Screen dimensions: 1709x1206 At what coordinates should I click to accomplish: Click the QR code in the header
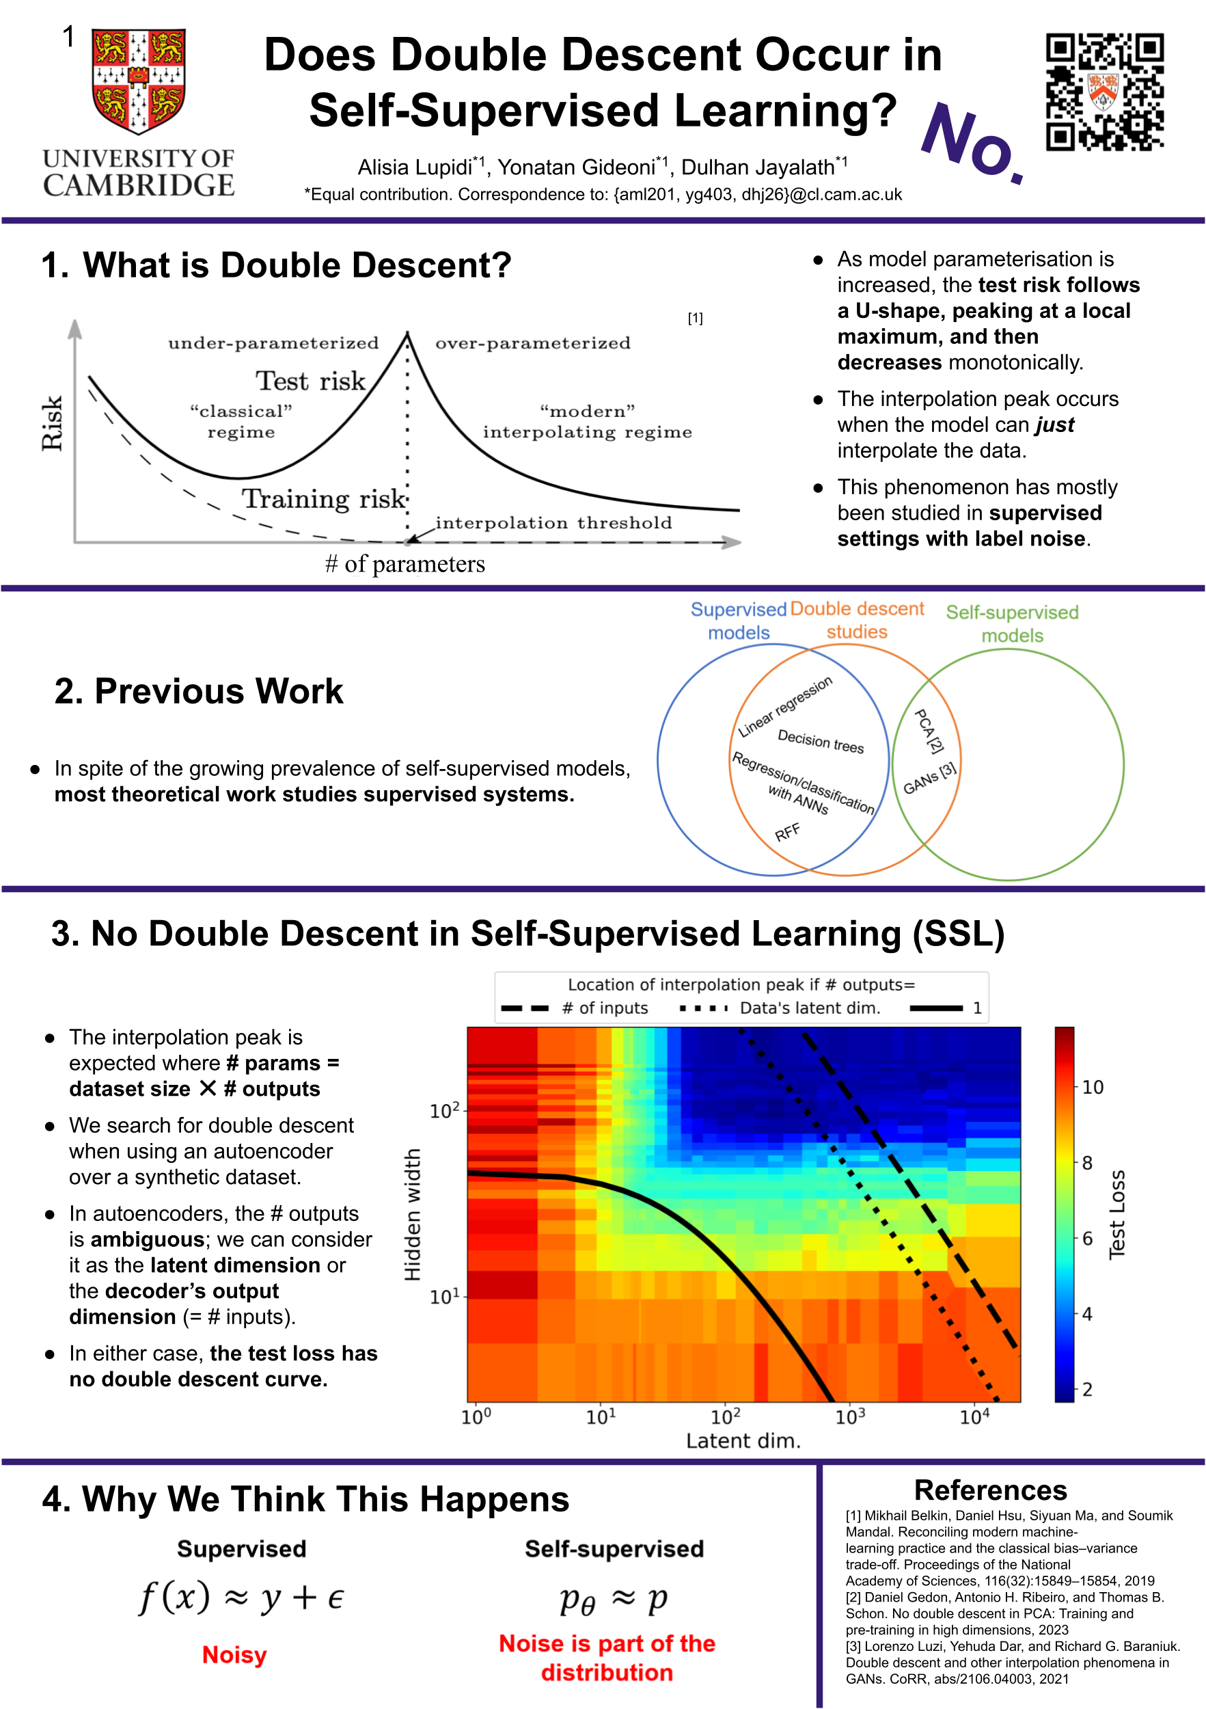1104,92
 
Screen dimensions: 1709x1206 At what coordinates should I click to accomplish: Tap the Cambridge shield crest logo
139,81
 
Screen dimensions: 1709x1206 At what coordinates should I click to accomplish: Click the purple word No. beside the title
972,142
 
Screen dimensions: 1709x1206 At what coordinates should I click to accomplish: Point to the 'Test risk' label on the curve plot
311,381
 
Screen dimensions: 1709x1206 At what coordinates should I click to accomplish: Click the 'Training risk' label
325,499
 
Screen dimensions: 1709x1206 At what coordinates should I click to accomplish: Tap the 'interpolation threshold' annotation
553,522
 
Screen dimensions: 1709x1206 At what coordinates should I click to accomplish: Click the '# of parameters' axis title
405,564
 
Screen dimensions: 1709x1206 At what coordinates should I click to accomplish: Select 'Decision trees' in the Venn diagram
821,741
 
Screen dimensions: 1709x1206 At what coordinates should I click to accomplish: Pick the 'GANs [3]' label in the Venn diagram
929,779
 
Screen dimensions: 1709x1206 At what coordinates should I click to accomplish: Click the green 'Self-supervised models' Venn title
1012,623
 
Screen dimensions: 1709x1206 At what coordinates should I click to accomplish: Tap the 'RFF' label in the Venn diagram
787,832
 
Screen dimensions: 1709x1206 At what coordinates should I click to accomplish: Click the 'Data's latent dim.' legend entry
810,1008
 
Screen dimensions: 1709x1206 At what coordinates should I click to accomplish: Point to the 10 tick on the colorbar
1092,1088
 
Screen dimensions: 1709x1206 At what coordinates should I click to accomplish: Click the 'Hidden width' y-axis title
412,1214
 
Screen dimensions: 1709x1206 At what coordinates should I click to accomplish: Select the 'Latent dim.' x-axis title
743,1441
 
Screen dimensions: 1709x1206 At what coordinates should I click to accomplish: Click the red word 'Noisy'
234,1655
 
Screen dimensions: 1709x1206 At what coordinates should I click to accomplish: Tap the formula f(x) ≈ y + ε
242,1598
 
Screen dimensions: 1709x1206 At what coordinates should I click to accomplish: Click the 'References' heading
990,1490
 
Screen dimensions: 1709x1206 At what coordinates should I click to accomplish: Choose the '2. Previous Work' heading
199,692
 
